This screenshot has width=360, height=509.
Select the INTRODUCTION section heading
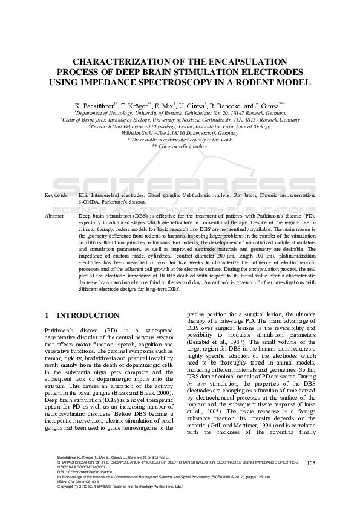(88, 316)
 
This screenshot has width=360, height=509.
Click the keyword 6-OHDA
(89, 203)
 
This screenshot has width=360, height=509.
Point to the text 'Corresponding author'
(183, 146)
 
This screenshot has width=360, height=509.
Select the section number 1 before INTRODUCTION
(48, 316)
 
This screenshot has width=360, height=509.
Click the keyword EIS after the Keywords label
(83, 196)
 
